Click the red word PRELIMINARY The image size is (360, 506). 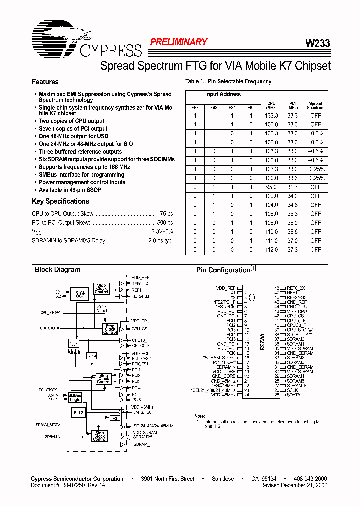point(178,42)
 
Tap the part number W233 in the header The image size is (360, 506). point(317,44)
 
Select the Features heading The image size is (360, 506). point(45,82)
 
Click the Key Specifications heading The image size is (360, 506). point(60,201)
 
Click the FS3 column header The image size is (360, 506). point(195,107)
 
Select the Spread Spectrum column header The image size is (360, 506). point(315,105)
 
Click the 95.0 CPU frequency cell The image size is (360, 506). point(271,187)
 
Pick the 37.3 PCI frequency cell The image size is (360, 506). point(292,249)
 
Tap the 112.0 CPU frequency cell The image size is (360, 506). point(271,249)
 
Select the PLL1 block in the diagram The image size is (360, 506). point(74,345)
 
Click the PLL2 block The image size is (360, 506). point(79,413)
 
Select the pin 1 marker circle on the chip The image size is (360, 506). point(252,298)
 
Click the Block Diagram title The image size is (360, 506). point(57,270)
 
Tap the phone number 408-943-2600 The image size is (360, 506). point(310,479)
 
